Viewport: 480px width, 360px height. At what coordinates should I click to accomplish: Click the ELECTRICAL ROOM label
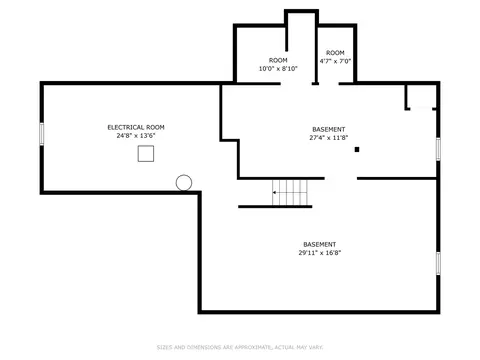coord(136,127)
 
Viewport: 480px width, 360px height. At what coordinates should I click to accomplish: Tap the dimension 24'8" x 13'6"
coord(136,136)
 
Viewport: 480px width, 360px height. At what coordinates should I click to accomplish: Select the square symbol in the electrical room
coord(146,154)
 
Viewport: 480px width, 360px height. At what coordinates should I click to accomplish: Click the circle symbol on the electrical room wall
coord(184,183)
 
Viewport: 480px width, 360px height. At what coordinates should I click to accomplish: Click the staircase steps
coord(290,193)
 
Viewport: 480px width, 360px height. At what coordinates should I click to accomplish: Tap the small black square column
coord(357,150)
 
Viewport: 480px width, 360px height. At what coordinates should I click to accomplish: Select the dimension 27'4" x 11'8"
coord(329,138)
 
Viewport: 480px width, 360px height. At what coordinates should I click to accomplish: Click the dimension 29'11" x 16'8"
coord(320,253)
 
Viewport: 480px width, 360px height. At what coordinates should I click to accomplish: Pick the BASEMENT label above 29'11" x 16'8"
coord(320,244)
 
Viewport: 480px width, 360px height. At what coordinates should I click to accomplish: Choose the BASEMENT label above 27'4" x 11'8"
coord(329,129)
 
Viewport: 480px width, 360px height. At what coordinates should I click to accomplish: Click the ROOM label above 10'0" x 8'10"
coord(278,60)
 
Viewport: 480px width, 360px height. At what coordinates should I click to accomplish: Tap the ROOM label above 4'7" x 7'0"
coord(335,53)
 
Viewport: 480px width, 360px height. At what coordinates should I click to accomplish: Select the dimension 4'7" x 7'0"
coord(335,61)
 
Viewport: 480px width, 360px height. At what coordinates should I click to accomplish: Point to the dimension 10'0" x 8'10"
coord(278,69)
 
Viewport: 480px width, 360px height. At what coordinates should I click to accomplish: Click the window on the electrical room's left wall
coord(42,134)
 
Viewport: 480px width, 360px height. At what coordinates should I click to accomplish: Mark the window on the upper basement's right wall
coord(438,149)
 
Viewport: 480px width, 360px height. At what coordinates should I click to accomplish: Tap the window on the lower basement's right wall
coord(438,263)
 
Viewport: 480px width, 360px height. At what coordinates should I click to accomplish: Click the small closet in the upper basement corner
coord(421,97)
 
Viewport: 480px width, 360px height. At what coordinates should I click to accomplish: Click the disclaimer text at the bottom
coord(240,347)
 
